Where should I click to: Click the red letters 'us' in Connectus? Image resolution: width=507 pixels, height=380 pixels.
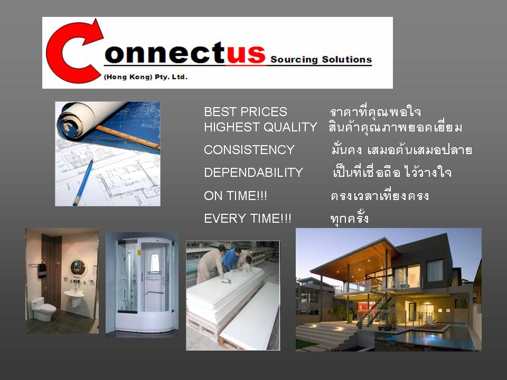click(x=246, y=53)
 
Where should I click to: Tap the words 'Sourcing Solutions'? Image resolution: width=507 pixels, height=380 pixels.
click(x=321, y=60)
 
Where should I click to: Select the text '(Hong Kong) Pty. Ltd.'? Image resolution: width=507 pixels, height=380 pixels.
click(x=146, y=77)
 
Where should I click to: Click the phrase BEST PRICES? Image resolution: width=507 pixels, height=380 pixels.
click(x=246, y=112)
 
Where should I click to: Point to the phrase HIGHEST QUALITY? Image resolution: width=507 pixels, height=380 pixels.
click(x=260, y=127)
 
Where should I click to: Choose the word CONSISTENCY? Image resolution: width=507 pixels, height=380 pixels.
click(x=249, y=150)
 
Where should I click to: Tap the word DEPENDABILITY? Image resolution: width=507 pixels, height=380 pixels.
click(x=253, y=173)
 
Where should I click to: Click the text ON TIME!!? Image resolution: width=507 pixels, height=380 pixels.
click(x=236, y=196)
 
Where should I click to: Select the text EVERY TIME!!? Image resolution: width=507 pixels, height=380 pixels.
click(x=248, y=218)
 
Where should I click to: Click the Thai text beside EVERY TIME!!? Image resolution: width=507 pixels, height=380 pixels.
click(x=350, y=218)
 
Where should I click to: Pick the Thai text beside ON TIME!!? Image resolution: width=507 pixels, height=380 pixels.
click(x=380, y=195)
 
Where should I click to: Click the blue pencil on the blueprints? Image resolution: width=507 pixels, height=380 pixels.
click(x=83, y=183)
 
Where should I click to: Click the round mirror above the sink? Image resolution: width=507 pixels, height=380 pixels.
click(x=78, y=268)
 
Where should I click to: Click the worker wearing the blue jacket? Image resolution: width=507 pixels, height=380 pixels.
click(x=231, y=259)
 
